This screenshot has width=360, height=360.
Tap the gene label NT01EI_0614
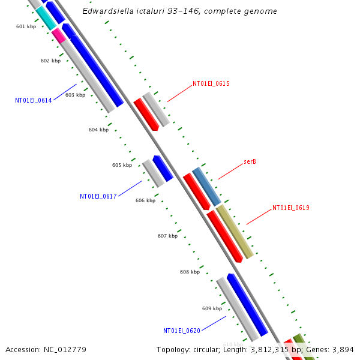pos(34,100)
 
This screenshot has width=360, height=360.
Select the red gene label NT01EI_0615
pos(211,84)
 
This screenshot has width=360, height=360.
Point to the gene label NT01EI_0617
pos(98,196)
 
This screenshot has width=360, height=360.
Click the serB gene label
pos(250,162)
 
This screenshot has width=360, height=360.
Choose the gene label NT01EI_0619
pos(290,208)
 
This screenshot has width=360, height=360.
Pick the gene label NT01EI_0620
pos(182,331)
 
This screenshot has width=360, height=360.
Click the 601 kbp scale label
pos(26,26)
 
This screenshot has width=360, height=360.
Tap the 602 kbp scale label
pos(50,61)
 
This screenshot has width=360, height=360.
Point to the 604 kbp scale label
pos(98,130)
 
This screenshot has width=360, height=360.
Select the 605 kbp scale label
pos(122,165)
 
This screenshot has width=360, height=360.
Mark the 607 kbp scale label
pos(167,236)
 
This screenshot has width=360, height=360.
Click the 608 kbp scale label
pos(190,272)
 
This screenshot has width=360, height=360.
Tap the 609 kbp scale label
pos(212,308)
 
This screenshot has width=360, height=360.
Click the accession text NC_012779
pos(46,350)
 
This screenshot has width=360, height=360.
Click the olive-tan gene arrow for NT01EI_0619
pos(234,232)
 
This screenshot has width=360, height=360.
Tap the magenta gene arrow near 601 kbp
pos(59,35)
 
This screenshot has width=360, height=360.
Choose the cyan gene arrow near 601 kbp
pos(46,18)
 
